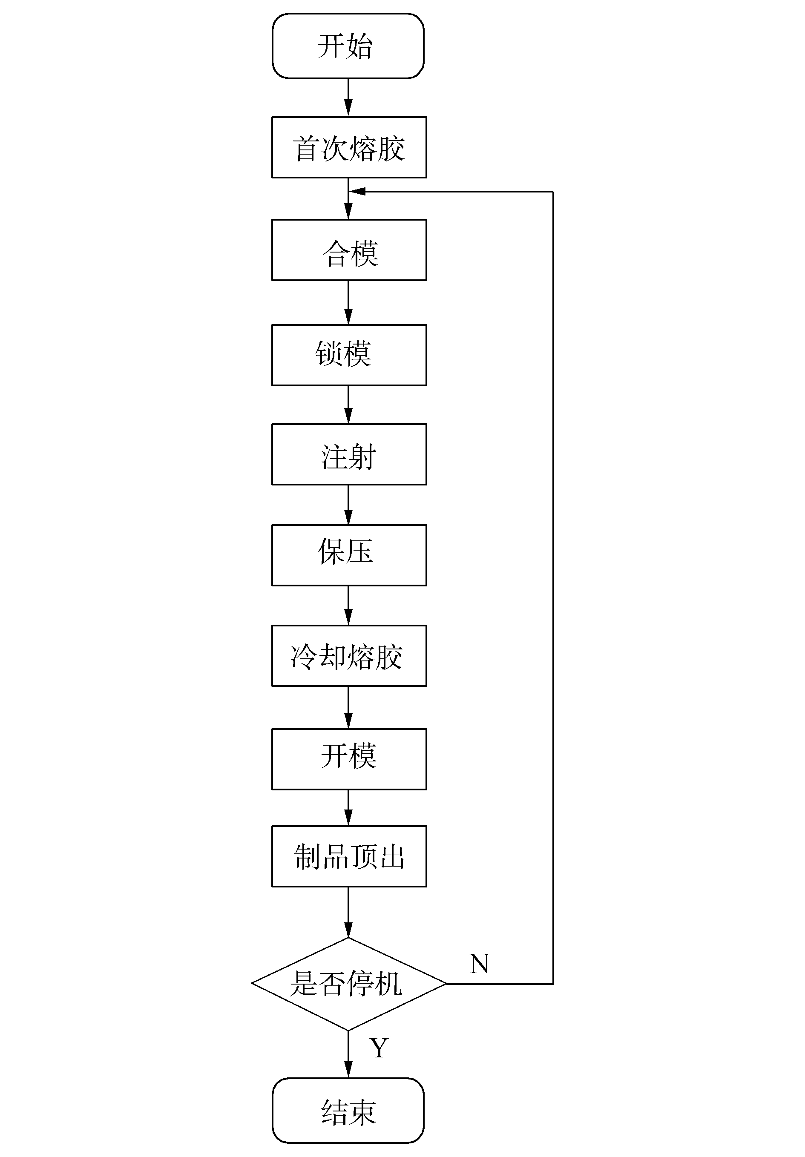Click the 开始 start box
[x=348, y=46]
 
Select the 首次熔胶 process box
[x=349, y=148]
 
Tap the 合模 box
[x=349, y=250]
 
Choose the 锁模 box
[x=349, y=355]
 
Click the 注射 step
[x=349, y=454]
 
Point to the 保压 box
[x=349, y=555]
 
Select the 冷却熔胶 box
[x=349, y=656]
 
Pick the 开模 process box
[x=349, y=759]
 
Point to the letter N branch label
[x=479, y=964]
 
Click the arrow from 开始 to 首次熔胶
[x=348, y=98]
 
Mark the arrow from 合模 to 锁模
[x=348, y=303]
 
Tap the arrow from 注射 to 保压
[x=348, y=505]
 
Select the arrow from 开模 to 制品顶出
[x=348, y=808]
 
